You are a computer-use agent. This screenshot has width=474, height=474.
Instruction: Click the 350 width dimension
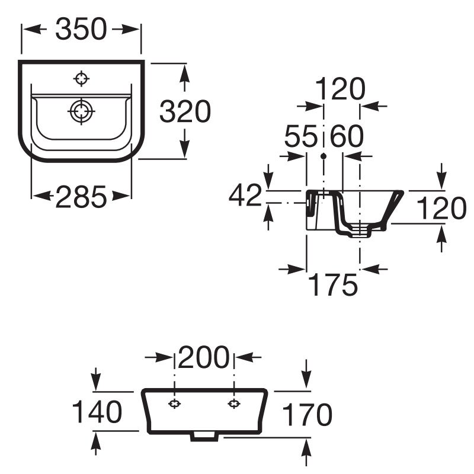tap(81, 29)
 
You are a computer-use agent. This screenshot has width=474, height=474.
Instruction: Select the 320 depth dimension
tap(185, 111)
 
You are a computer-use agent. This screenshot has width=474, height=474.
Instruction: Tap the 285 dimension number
tap(81, 197)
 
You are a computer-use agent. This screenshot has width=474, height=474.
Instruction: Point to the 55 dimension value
tap(301, 136)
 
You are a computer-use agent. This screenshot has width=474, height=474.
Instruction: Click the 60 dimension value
tap(347, 136)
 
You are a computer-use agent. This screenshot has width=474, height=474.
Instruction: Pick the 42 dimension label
tap(245, 195)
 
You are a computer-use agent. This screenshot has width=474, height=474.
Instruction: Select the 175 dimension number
tap(332, 284)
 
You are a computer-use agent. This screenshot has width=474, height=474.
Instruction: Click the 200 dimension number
tap(204, 357)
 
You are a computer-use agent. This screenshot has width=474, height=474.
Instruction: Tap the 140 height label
tap(97, 411)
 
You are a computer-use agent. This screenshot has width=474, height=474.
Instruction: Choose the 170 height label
tap(307, 414)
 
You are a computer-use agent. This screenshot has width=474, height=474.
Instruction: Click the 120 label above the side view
tap(340, 88)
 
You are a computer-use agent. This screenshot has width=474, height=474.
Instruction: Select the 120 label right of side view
tap(441, 208)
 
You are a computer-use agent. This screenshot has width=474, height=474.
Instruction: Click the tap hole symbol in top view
tap(81, 79)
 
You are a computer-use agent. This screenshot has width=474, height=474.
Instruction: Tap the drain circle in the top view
tap(81, 111)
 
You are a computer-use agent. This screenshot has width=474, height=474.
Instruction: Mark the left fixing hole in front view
tap(174, 403)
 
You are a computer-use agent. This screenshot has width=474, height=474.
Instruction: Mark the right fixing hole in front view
tap(233, 403)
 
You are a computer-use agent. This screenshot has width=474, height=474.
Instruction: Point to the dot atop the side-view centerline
tap(324, 156)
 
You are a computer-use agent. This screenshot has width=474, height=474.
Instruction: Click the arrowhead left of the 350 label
tap(35, 29)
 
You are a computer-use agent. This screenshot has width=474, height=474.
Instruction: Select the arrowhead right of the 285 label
tap(121, 196)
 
